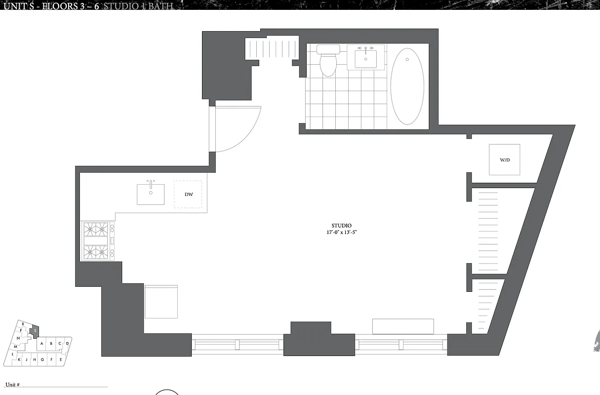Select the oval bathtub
coord(407,86)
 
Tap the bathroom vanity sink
coord(365,59)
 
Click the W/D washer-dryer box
coord(504,159)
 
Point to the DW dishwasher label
coord(189,195)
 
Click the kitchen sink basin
coord(151,194)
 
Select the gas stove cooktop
coord(97,240)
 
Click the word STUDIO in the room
coord(342,226)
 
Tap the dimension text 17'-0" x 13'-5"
coord(342,232)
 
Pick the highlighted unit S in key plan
coord(35,330)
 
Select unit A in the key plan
coord(42,344)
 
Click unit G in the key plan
coord(42,359)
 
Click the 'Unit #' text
coord(12,384)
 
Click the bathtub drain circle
coord(407,59)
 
